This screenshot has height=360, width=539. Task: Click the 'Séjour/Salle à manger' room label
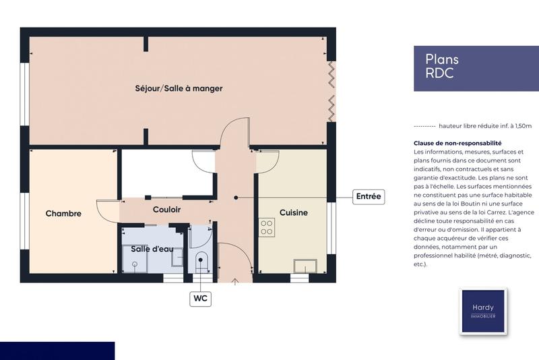coord(179,88)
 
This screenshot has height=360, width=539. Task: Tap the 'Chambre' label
coord(63,214)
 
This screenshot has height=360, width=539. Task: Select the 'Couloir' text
coord(166,210)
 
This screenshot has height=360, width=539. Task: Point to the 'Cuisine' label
coord(293,212)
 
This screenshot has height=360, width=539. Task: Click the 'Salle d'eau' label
coord(152,249)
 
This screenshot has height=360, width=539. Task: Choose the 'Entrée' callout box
coord(368,197)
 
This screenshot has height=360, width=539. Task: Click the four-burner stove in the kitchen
coord(267,227)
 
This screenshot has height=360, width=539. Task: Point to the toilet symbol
coord(201,262)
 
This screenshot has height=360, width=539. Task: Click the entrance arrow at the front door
coord(234,279)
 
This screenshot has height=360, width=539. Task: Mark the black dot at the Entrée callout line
coord(236,198)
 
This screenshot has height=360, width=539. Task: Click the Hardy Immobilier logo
coord(482,311)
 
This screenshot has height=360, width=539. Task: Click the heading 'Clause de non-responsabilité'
coord(457,144)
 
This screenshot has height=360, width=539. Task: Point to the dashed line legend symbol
coord(424,126)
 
